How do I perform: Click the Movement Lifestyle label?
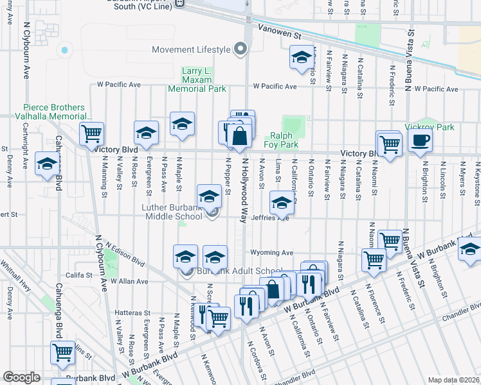click(191, 50)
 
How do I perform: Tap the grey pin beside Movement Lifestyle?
click(241, 49)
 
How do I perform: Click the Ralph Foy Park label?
click(284, 140)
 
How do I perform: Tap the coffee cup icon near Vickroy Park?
click(420, 141)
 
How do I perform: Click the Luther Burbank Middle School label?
click(172, 212)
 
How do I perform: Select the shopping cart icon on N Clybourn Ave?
click(91, 134)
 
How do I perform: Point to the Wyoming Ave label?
click(277, 253)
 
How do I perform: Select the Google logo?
click(21, 377)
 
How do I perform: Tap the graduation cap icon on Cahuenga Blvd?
click(47, 164)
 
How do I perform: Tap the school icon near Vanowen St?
click(301, 58)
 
